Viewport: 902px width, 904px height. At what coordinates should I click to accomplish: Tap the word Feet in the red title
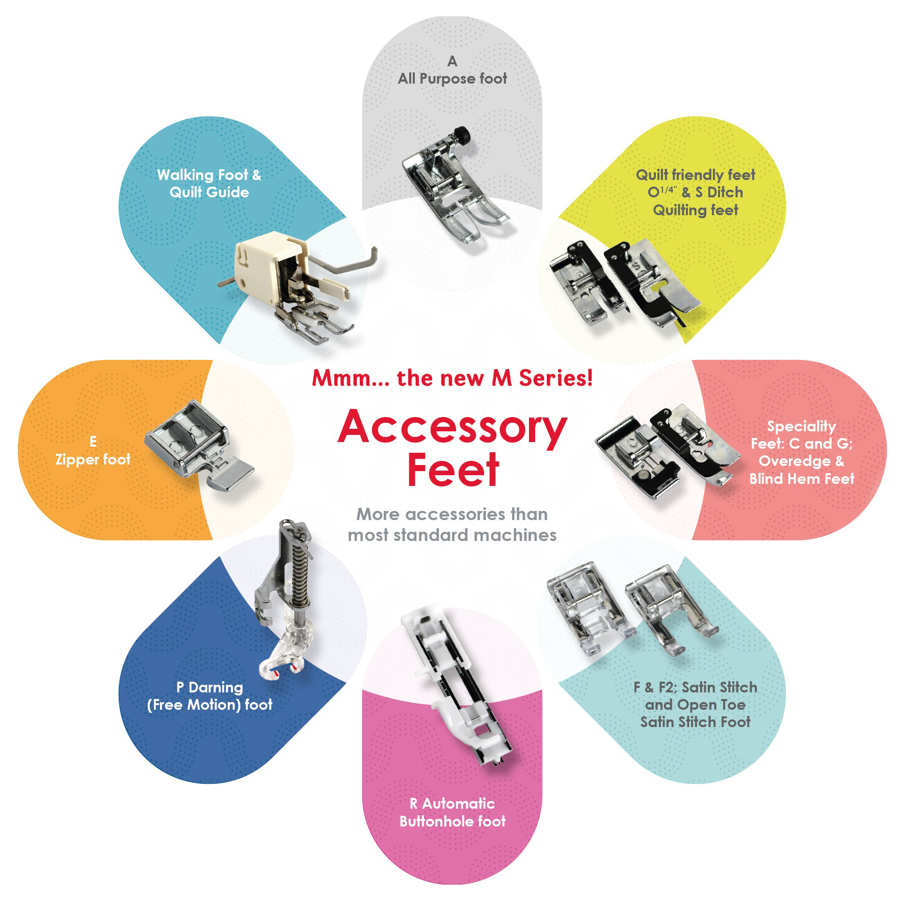pyautogui.click(x=453, y=470)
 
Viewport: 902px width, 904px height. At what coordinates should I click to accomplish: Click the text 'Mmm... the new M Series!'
pyautogui.click(x=453, y=378)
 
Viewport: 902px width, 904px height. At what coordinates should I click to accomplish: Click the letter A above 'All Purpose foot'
pyautogui.click(x=452, y=61)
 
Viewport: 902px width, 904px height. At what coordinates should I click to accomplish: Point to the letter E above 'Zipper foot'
pyautogui.click(x=93, y=442)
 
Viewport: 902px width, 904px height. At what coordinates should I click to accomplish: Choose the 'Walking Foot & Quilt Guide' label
pyautogui.click(x=209, y=184)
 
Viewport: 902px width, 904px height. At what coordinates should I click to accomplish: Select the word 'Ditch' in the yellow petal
pyautogui.click(x=725, y=192)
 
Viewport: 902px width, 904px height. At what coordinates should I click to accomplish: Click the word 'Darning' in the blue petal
pyautogui.click(x=216, y=688)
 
